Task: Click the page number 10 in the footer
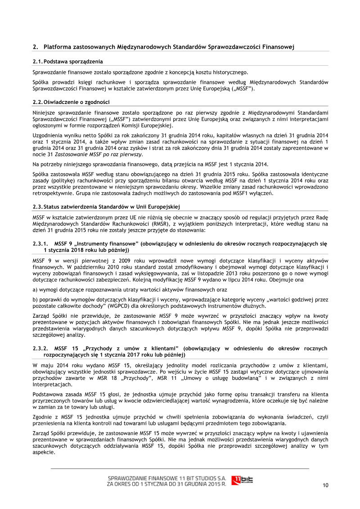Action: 325,485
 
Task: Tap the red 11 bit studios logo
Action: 242,480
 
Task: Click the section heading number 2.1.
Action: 37,61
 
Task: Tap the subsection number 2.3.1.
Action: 40,243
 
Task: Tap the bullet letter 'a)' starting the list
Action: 36,290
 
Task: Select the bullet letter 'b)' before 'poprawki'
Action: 36,299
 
